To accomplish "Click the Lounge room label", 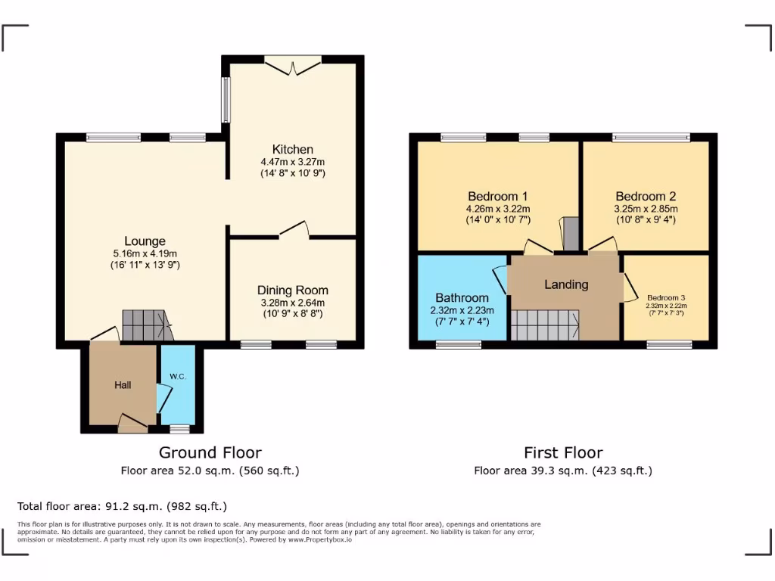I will pos(145,241).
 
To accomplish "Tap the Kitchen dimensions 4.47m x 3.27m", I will pos(292,162).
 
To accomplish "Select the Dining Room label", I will pos(292,290).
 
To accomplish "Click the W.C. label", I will pos(178,376).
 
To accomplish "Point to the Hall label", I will pos(123,385).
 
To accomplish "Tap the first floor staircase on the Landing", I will pos(544,325).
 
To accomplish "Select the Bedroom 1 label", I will pos(498,196).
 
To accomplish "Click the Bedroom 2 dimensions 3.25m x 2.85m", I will pos(646,209).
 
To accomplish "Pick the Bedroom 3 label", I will pos(667,297).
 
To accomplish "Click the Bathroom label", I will pos(462,297).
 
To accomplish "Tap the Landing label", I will pos(566,284).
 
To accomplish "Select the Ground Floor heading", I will pos(210,452).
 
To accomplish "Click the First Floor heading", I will pos(563,452).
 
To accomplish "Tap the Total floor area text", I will pos(122,506).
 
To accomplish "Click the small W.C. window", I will pos(179,429).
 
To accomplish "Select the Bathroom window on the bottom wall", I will pos(459,344).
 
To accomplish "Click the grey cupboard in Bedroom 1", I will pos(570,234).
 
